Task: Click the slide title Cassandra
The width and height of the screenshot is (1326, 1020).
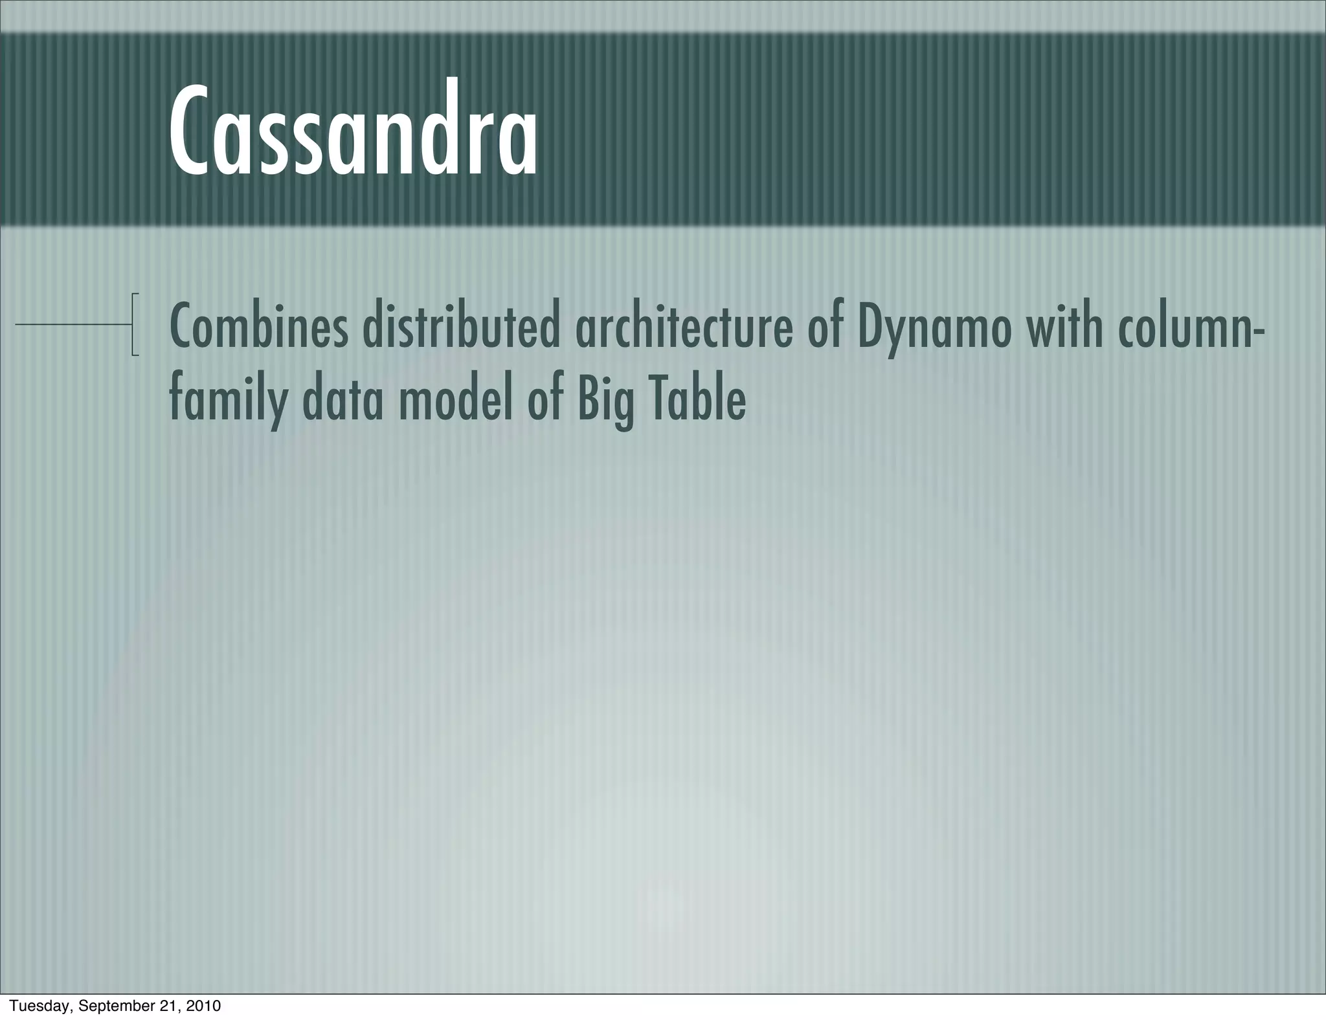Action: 353,129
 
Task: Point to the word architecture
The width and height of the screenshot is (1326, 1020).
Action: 684,327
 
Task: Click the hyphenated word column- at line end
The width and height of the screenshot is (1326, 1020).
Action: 1191,327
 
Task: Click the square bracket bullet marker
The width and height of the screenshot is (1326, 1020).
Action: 134,324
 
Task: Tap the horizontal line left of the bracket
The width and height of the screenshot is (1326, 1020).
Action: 71,323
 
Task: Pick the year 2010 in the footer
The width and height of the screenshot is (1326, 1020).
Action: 203,1006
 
